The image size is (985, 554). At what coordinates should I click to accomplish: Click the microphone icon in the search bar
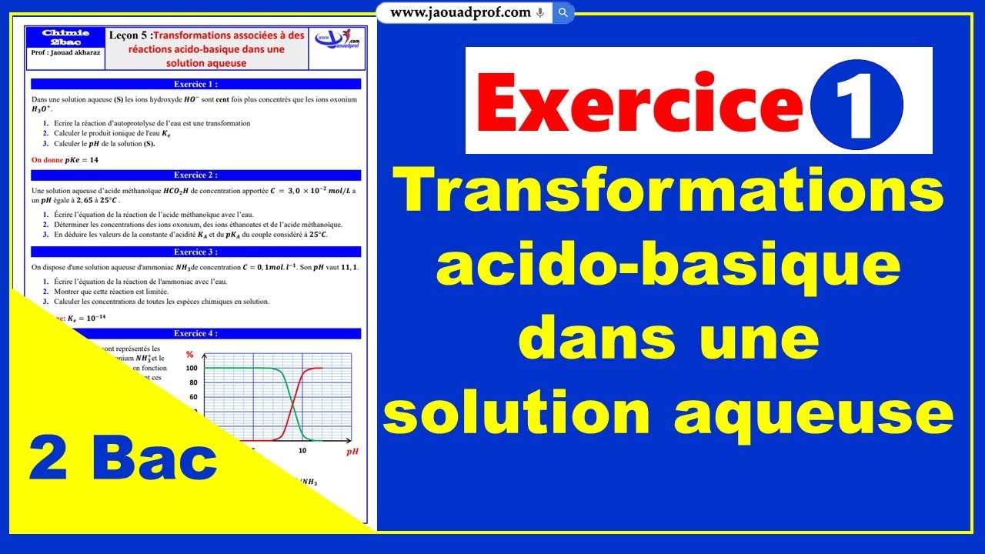540,12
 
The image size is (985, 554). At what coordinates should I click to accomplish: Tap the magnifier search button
563,12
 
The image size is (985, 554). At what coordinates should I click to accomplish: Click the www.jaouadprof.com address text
460,12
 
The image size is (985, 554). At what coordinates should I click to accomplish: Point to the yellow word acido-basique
669,265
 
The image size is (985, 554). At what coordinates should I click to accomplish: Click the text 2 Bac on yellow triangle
123,460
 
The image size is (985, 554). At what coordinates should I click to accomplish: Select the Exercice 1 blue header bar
195,85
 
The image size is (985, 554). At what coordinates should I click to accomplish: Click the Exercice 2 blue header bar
195,175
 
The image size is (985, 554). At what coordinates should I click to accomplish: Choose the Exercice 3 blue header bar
195,252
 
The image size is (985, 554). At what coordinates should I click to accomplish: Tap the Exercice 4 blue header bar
195,334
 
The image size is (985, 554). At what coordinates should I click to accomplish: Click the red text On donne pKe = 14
65,160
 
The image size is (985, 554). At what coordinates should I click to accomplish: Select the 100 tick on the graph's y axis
192,369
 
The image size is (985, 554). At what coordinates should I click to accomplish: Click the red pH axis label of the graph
352,452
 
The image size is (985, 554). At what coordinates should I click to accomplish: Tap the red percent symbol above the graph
189,354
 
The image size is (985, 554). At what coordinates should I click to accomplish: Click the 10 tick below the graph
302,451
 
